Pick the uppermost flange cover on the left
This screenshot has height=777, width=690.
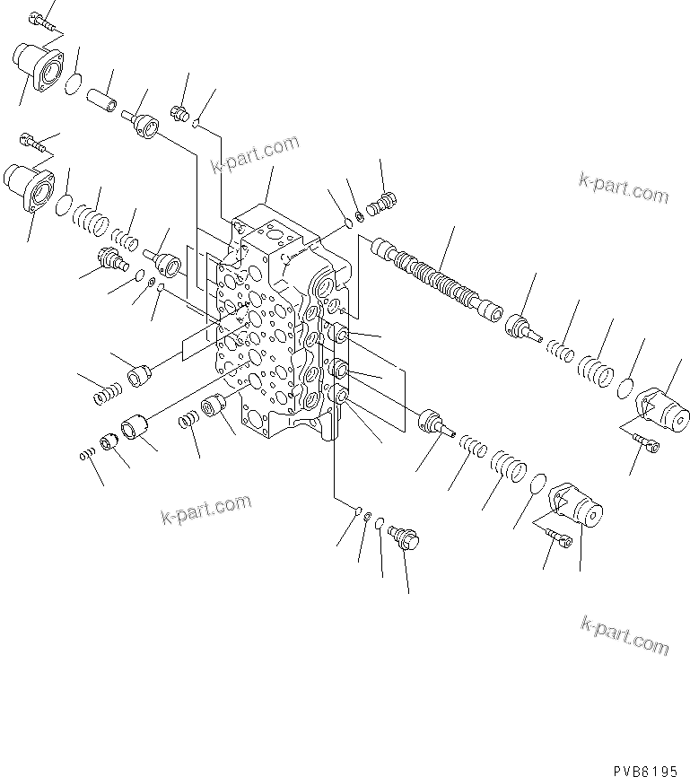click(39, 68)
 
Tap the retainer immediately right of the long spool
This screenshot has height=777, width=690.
click(523, 327)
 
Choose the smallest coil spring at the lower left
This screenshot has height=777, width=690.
click(87, 458)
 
